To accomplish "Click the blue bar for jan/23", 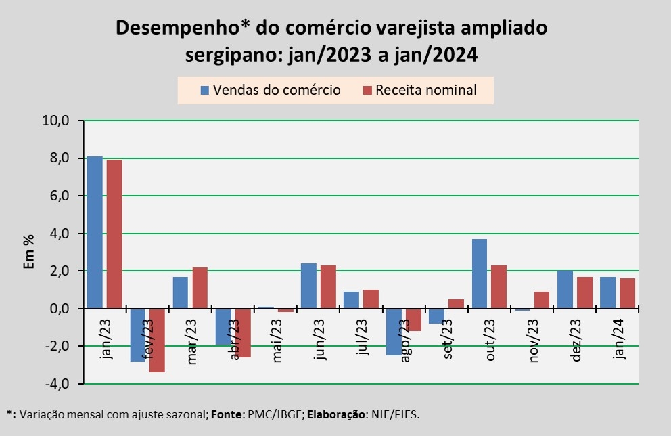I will click(95, 232).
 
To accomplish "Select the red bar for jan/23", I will click(114, 234).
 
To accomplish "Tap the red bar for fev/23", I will click(157, 340).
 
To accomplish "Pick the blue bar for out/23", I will click(480, 274).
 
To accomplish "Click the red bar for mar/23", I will click(200, 288).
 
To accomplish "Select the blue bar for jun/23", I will click(308, 286).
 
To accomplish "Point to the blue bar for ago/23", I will click(393, 332).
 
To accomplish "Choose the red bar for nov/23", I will click(540, 300).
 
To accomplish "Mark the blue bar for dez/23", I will click(565, 290).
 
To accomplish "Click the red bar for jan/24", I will click(626, 293).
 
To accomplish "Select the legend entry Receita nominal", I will click(419, 90).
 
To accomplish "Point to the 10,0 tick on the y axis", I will click(56, 121).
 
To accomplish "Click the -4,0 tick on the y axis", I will click(56, 384).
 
